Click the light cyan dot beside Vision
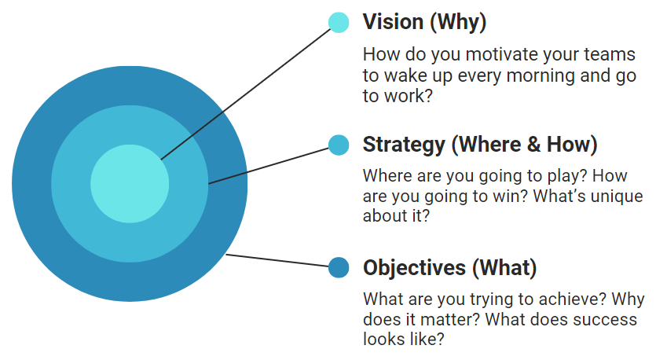(339, 23)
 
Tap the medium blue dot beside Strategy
(339, 145)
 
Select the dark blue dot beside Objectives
(339, 267)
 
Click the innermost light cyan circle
(130, 184)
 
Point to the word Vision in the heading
(394, 22)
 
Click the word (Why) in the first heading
(459, 23)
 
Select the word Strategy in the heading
(404, 145)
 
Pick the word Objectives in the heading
(414, 268)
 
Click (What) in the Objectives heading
(504, 268)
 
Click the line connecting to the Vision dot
(246, 94)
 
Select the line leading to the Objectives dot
(277, 260)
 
